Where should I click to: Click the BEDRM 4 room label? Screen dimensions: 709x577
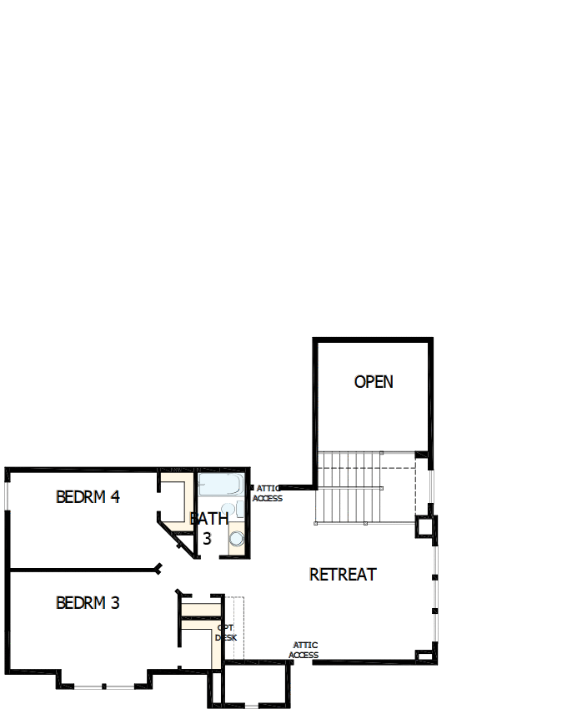[x=88, y=497]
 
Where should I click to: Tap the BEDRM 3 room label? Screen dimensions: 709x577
[x=88, y=602]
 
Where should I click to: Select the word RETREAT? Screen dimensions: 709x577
[x=343, y=575]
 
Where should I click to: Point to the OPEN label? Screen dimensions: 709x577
[x=374, y=382]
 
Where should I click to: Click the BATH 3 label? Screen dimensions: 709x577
[x=208, y=528]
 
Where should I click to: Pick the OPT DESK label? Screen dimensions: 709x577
[x=226, y=632]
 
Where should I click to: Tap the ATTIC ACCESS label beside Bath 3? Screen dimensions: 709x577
[x=268, y=494]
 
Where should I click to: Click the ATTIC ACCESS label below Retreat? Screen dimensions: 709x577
[x=304, y=650]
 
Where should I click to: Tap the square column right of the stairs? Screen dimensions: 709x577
[x=425, y=527]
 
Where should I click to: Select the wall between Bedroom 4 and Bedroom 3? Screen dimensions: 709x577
[x=83, y=571]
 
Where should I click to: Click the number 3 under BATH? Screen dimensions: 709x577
[x=207, y=539]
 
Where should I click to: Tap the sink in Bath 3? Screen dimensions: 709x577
[x=228, y=509]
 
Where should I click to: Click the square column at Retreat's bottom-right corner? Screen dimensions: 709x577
[x=425, y=654]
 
